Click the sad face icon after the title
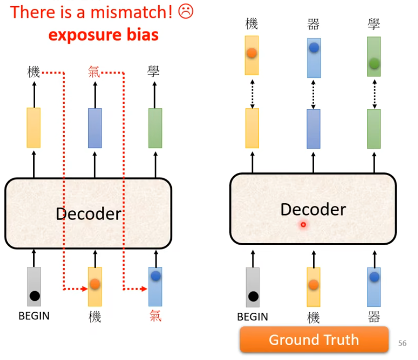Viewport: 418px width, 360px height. coord(185,12)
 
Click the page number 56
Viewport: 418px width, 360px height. coord(402,344)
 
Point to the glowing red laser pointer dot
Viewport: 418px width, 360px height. coord(304,224)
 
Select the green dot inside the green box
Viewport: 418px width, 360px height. coord(374,63)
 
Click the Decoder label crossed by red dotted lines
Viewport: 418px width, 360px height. coord(88,213)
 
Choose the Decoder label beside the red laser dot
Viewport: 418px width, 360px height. coord(313,209)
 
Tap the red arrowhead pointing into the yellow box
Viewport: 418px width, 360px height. coord(85,290)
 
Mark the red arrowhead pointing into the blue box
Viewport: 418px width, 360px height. coord(145,290)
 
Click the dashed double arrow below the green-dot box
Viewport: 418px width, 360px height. coord(374,92)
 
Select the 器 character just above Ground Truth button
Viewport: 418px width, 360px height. coord(374,317)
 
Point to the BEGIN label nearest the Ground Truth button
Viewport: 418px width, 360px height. coord(252,317)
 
